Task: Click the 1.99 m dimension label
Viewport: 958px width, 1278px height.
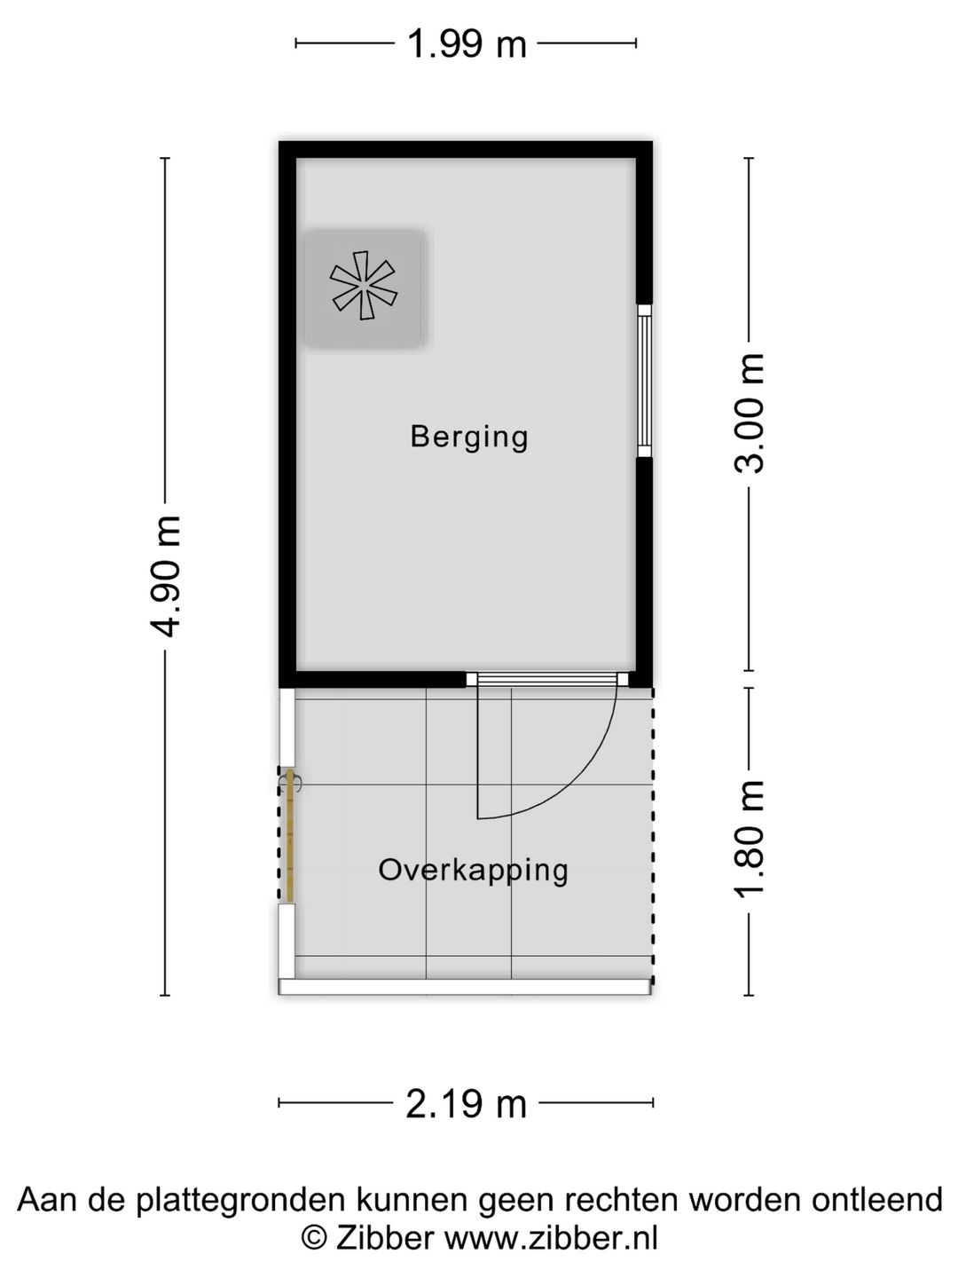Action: click(x=467, y=43)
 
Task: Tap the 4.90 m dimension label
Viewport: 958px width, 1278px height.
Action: click(x=165, y=576)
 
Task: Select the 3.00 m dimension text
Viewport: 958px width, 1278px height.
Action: click(x=749, y=414)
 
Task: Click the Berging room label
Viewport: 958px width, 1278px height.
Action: click(x=469, y=438)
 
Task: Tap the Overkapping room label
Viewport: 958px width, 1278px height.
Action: click(x=473, y=871)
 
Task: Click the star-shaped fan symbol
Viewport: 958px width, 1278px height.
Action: click(x=364, y=285)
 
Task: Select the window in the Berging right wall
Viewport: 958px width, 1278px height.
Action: click(x=644, y=381)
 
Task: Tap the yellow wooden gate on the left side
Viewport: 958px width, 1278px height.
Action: click(x=289, y=836)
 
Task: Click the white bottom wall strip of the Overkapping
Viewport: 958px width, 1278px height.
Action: click(x=465, y=986)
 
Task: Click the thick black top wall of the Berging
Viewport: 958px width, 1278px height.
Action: click(x=466, y=150)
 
